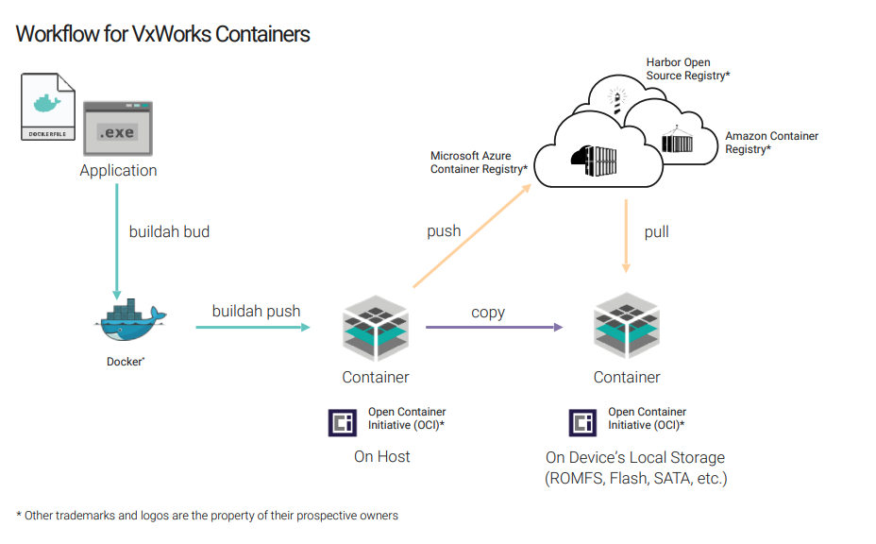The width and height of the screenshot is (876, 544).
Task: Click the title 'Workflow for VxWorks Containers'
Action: [x=162, y=35]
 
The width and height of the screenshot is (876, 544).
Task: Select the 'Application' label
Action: [x=118, y=171]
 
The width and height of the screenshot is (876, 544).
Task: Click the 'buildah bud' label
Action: [x=169, y=231]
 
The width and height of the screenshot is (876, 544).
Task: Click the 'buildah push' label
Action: [x=256, y=311]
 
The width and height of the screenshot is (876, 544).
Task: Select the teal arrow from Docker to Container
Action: [x=253, y=328]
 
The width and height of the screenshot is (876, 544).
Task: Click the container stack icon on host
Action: [x=376, y=327]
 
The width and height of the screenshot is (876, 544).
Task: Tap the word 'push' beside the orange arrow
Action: [x=444, y=231]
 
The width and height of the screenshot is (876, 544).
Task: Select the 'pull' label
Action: [x=656, y=231]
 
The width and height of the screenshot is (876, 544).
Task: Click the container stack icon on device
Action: [x=627, y=327]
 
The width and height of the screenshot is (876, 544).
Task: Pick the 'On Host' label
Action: [x=381, y=457]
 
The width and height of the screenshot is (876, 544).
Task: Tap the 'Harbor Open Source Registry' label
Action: [x=687, y=69]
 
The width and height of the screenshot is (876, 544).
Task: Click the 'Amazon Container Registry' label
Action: [x=771, y=143]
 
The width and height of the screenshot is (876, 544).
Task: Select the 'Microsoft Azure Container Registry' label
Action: [x=478, y=162]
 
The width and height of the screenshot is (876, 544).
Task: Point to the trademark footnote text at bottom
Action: [x=207, y=516]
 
